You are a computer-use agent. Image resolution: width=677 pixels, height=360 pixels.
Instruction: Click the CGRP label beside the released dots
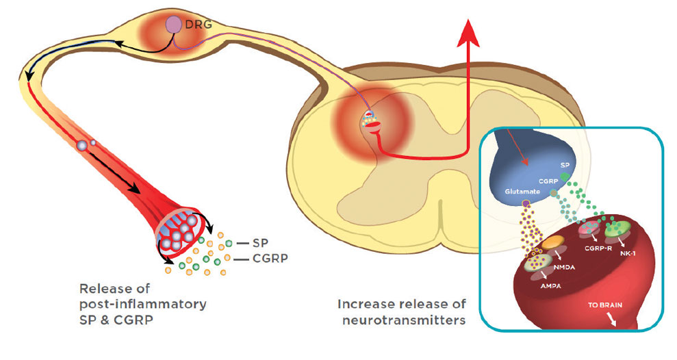269,259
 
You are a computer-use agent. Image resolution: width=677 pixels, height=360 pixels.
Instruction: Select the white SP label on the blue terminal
565,166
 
